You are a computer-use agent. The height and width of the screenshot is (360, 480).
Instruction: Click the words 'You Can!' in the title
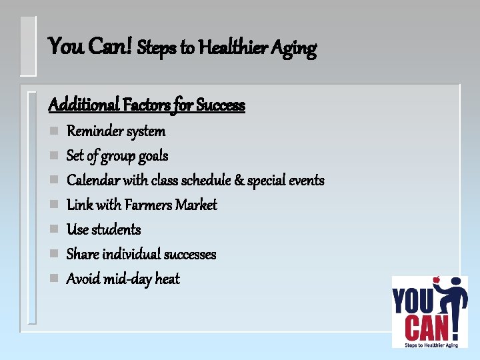pos(91,47)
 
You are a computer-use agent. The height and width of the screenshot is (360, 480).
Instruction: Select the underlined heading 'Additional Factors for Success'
pos(147,105)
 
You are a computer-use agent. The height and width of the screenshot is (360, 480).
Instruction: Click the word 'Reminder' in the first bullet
pos(94,131)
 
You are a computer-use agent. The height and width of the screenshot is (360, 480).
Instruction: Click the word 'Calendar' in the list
pos(94,180)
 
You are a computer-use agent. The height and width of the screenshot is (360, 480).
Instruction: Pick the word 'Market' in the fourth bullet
pos(196,205)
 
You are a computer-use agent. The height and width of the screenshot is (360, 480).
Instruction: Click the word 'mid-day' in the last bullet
pos(127,279)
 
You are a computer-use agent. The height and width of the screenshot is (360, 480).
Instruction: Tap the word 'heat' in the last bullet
pos(167,279)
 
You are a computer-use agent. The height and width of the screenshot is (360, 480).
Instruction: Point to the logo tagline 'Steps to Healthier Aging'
pos(429,344)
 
